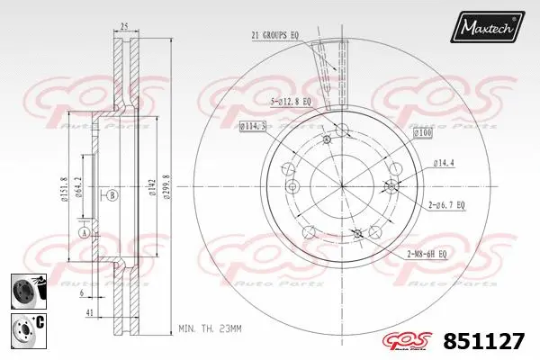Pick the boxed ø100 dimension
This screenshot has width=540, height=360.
click(423, 133)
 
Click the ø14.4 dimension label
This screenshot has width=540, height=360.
click(445, 162)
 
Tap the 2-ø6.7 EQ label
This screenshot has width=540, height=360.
click(445, 205)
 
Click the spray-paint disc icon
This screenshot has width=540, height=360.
click(23, 290)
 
